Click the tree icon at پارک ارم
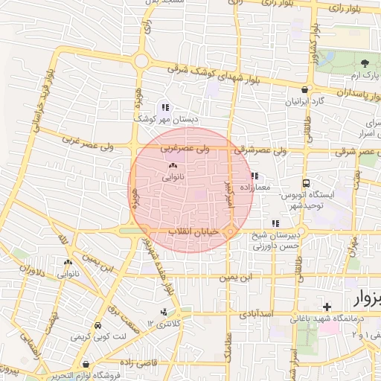coord(365,63)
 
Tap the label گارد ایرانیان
coord(306,100)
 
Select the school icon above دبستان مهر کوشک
coord(164,107)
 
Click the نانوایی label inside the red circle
coord(173,178)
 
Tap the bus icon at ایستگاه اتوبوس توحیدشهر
coord(306,182)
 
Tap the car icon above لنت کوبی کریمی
coord(97,327)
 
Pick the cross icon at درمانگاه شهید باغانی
coord(327,307)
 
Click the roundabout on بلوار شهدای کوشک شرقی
coord(140,61)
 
